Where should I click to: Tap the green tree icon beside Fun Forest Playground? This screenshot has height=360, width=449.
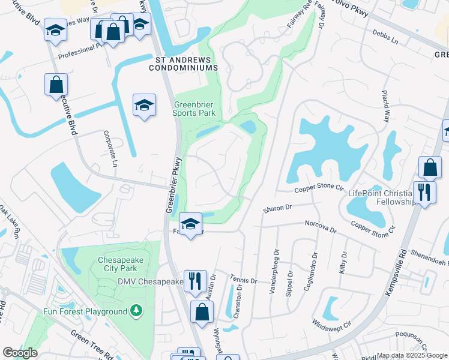[137, 311]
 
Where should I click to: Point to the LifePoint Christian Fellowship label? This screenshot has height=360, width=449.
[381, 197]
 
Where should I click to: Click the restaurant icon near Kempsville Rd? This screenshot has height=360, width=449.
[424, 193]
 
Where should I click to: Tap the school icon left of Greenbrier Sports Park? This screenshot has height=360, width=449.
[144, 106]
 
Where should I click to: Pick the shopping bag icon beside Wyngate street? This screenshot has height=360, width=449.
[202, 312]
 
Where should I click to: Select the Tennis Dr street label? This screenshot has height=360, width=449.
[244, 279]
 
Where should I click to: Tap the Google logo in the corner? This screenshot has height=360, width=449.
[20, 353]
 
